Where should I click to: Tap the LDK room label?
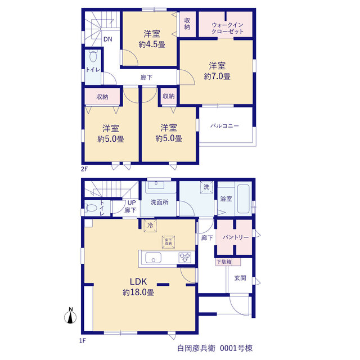tap(138, 281)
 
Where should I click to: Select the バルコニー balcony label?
tap(225, 126)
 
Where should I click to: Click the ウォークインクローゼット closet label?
tap(227, 28)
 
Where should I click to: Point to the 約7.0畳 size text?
tap(217, 76)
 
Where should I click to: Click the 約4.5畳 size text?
tap(152, 44)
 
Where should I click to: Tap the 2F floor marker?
tap(84, 169)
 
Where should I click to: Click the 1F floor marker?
tap(83, 341)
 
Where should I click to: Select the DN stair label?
tap(107, 39)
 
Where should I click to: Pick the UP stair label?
tap(132, 202)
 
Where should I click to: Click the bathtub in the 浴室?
tap(244, 199)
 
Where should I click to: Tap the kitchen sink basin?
tap(154, 258)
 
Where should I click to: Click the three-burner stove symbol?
tap(185, 258)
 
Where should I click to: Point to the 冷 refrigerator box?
tap(150, 226)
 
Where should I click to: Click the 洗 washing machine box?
tap(206, 187)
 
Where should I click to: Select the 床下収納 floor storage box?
tap(168, 242)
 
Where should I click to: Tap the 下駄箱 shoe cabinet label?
tap(224, 262)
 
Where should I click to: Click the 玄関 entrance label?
tap(240, 278)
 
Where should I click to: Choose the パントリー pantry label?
tap(236, 237)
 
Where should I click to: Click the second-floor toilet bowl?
tap(93, 56)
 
